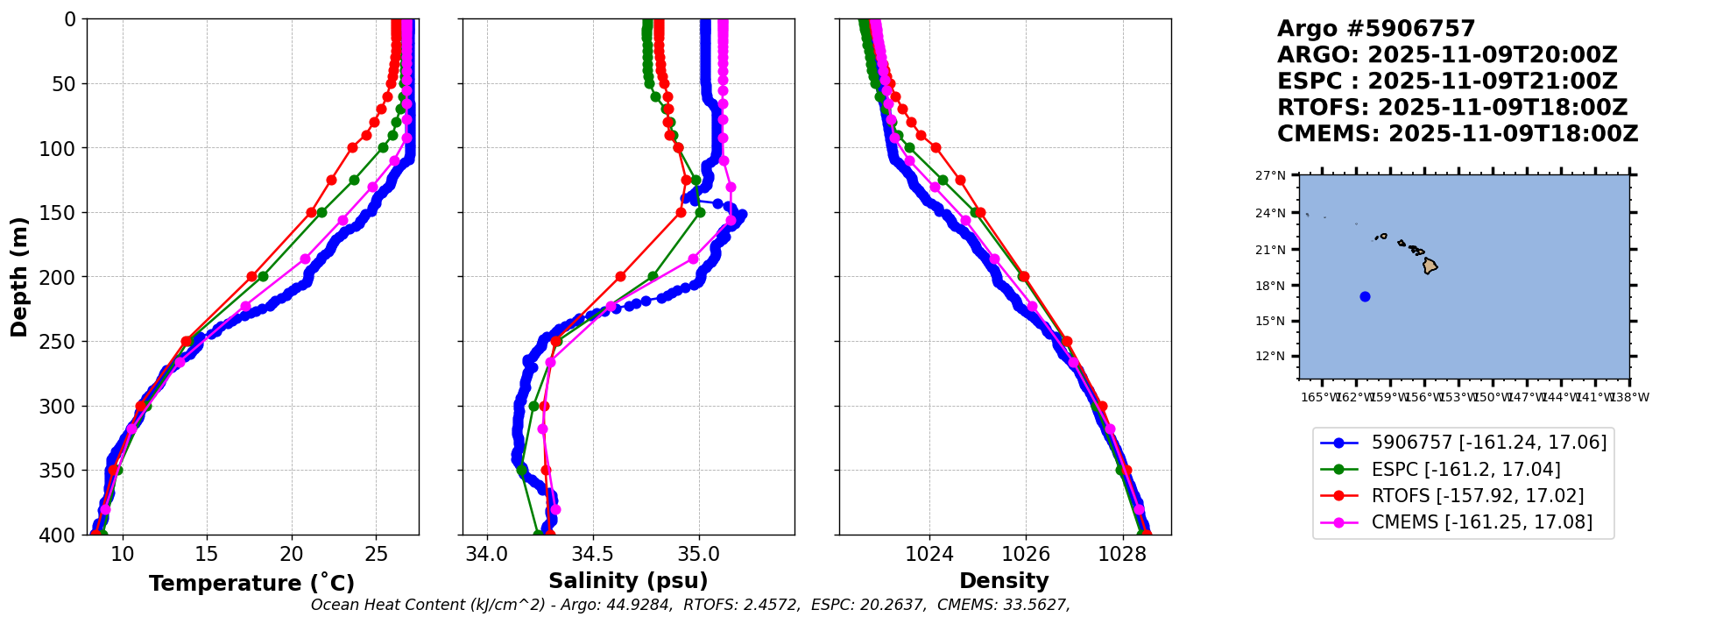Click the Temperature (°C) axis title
(x=251, y=584)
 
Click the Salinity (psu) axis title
(x=628, y=581)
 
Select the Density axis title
(x=1004, y=581)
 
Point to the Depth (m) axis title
(x=19, y=277)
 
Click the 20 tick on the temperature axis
(x=292, y=554)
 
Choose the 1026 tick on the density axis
(x=1026, y=554)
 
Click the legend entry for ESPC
(x=1465, y=470)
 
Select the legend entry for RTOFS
(x=1477, y=496)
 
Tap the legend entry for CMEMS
(x=1481, y=522)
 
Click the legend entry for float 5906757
(x=1488, y=443)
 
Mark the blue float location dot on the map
(x=1365, y=296)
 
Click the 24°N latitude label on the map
(x=1271, y=213)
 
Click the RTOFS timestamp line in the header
(x=1451, y=108)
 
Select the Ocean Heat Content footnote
(x=690, y=605)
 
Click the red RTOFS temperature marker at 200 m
(x=252, y=277)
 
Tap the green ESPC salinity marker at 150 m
(x=700, y=212)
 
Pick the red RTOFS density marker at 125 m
(x=960, y=180)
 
